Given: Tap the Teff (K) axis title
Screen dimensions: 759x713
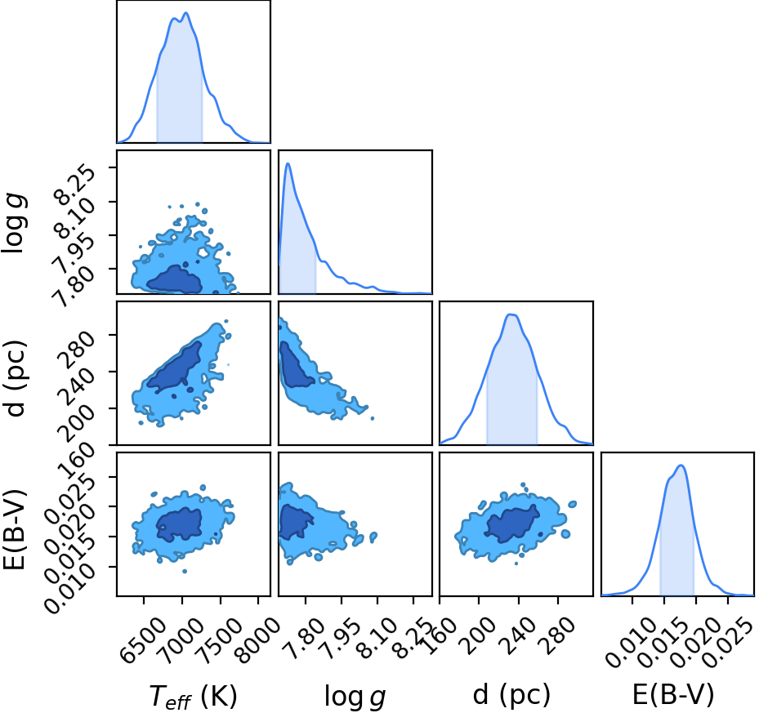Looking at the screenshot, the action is (193, 697).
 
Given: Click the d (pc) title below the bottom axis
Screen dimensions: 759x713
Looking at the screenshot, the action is (511, 696).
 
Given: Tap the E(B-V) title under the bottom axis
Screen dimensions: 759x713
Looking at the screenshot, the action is (673, 696).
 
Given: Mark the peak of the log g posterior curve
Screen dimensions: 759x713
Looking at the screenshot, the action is (288, 163).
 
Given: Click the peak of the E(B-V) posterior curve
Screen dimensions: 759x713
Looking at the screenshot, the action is (681, 466).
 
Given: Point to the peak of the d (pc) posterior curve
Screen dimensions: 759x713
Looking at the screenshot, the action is (511, 314).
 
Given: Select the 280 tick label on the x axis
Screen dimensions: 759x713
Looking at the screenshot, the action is (558, 635).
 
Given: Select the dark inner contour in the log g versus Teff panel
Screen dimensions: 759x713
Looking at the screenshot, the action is (175, 280).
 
